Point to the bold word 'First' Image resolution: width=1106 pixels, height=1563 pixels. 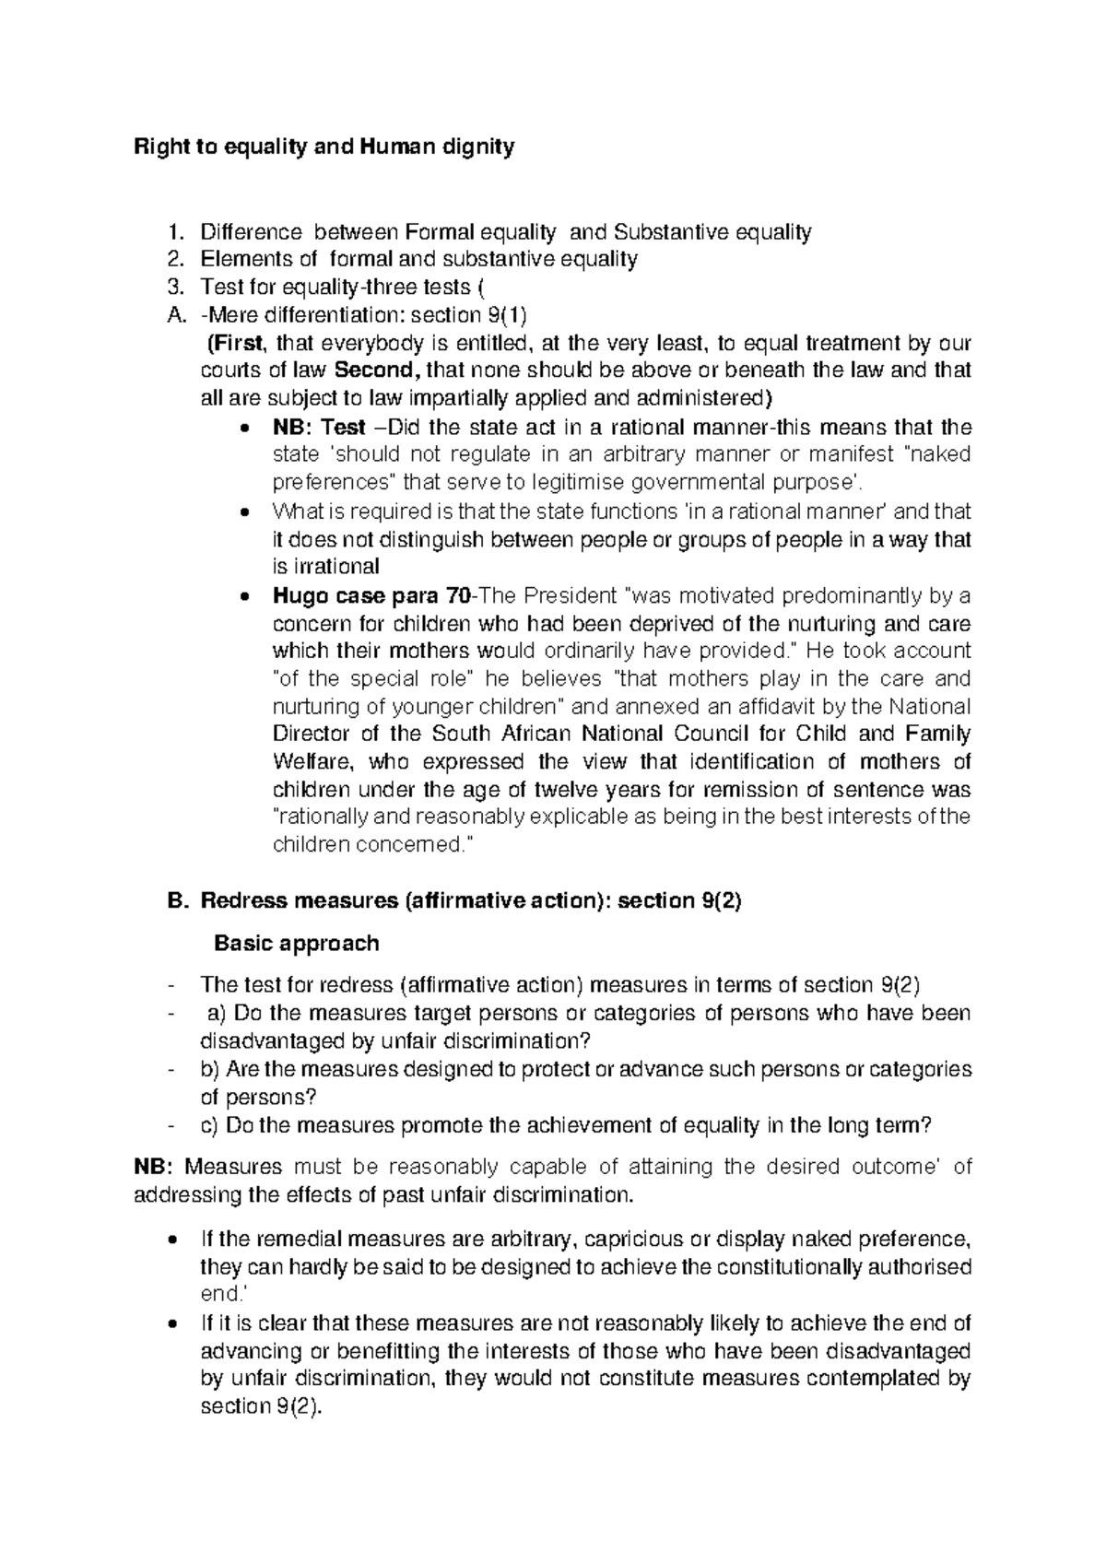[239, 344]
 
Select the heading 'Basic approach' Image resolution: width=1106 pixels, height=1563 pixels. [296, 944]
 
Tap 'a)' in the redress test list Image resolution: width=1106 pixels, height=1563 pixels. [217, 1014]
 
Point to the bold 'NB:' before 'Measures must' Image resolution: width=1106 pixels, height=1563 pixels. [154, 1168]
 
